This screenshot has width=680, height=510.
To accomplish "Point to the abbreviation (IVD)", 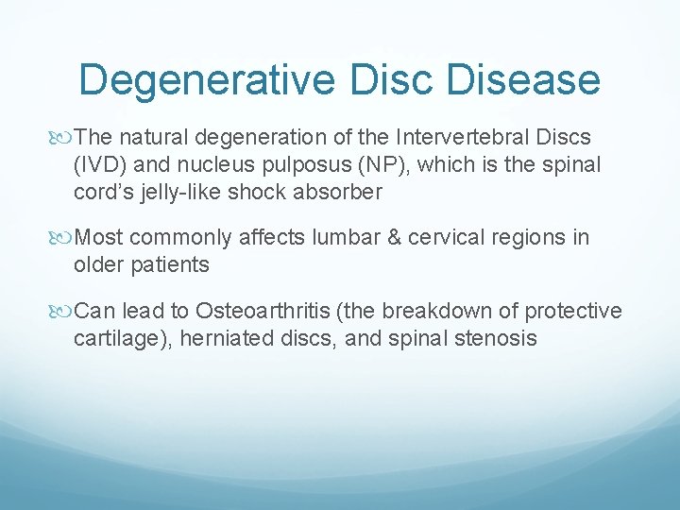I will coord(101,165).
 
